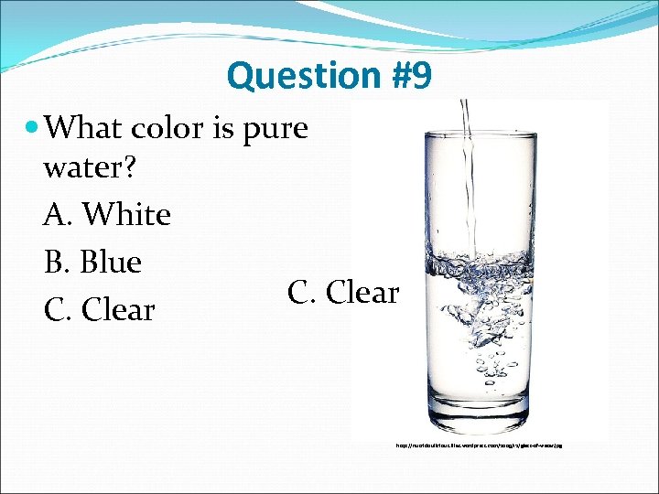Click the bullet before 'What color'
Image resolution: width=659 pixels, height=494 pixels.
(x=33, y=127)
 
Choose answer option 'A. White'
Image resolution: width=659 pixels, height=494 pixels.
(x=107, y=215)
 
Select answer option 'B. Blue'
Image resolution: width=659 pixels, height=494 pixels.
(x=92, y=263)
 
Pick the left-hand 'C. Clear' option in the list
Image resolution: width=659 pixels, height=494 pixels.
(x=99, y=310)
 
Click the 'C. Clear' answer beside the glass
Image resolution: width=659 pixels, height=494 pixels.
(x=343, y=293)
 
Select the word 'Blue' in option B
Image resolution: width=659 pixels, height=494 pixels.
(x=111, y=263)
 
